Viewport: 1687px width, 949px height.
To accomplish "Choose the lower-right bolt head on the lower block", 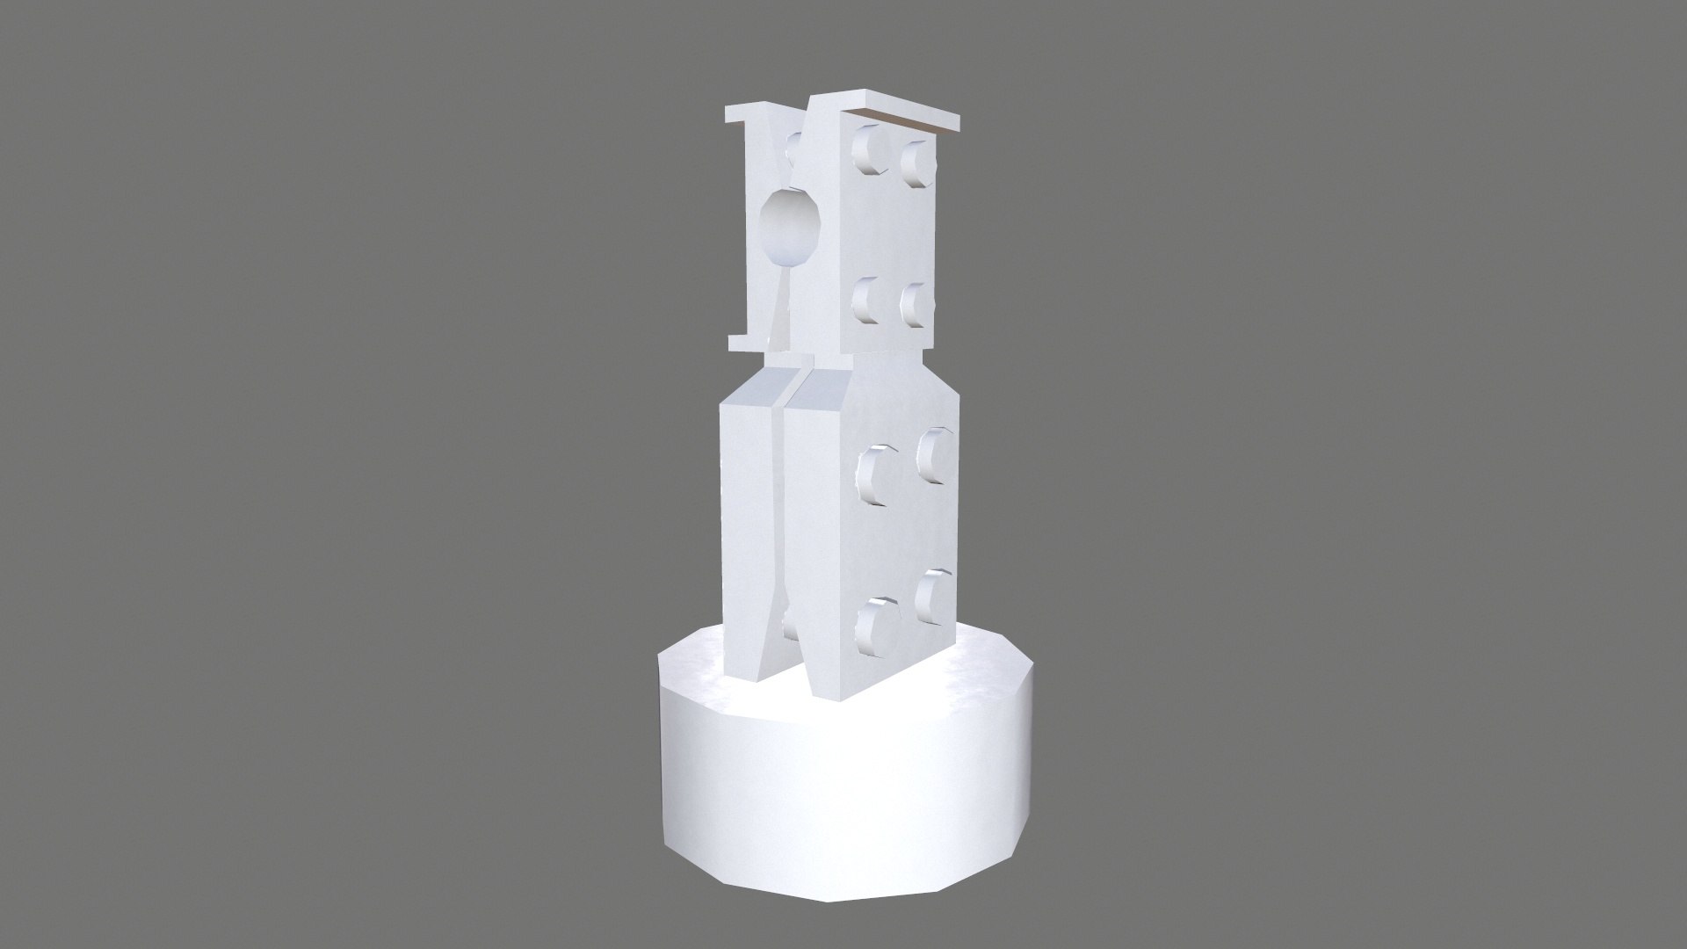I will pos(932,598).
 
